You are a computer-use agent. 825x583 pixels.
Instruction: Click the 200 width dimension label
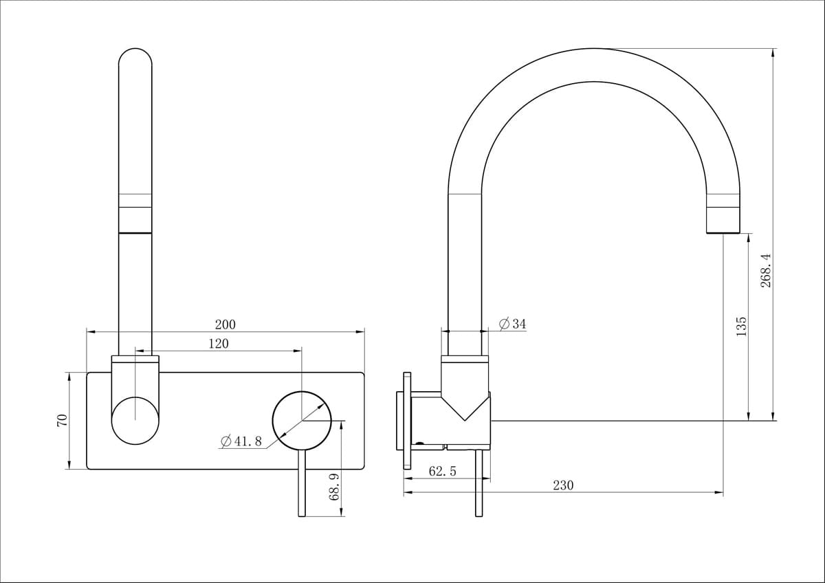point(225,324)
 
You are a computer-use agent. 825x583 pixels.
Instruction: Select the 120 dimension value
point(219,344)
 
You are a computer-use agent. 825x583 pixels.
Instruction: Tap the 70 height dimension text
point(63,420)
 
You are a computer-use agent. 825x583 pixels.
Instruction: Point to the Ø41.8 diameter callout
point(241,441)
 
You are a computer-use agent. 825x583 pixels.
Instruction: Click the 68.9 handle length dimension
point(333,487)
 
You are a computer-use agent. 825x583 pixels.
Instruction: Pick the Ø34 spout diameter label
point(513,324)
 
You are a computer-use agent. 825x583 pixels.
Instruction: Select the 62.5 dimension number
point(442,471)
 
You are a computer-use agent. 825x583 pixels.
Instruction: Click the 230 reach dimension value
point(563,485)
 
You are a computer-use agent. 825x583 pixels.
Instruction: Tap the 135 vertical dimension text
point(740,327)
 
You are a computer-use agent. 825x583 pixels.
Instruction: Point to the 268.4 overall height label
point(766,270)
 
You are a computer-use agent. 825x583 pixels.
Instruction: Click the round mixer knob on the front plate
point(302,421)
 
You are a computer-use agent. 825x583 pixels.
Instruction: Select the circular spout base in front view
point(135,421)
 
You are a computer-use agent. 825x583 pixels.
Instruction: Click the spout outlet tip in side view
point(723,232)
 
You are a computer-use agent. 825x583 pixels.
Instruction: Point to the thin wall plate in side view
point(407,421)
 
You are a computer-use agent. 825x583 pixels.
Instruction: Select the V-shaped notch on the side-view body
point(465,407)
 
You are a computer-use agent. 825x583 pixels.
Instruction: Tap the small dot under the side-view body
point(419,443)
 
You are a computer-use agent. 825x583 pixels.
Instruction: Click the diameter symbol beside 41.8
point(226,441)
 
